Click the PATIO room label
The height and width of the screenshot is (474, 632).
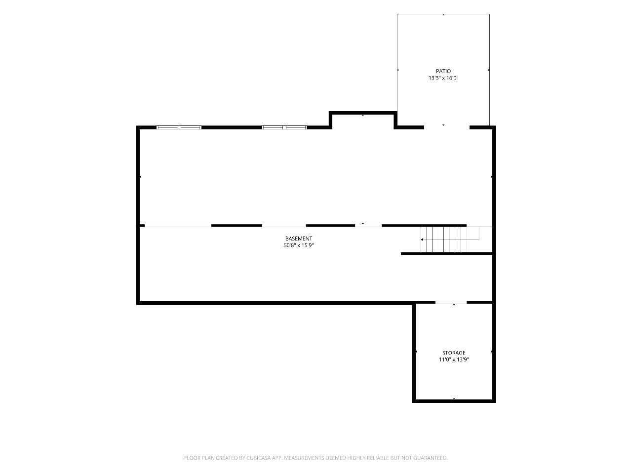pos(443,71)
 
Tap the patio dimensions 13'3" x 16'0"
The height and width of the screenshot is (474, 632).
pos(443,78)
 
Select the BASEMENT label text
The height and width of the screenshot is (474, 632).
pos(299,238)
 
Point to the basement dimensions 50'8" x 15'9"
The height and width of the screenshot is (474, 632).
pos(299,245)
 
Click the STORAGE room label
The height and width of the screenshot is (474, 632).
pos(454,353)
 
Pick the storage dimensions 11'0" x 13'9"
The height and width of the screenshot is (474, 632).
pos(454,359)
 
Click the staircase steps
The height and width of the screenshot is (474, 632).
pos(443,239)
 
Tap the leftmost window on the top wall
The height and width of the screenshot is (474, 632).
pos(179,127)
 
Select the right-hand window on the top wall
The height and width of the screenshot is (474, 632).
pos(284,127)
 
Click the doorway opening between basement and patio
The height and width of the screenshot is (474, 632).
pos(446,127)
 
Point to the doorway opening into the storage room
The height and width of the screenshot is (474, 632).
pos(451,303)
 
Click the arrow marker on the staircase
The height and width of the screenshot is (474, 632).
pos(422,239)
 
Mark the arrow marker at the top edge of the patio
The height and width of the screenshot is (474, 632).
pos(443,15)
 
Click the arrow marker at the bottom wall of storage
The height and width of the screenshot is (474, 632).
pos(454,398)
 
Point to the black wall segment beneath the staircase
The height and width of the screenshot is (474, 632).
pos(448,254)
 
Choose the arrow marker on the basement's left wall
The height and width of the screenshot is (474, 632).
pos(140,176)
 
